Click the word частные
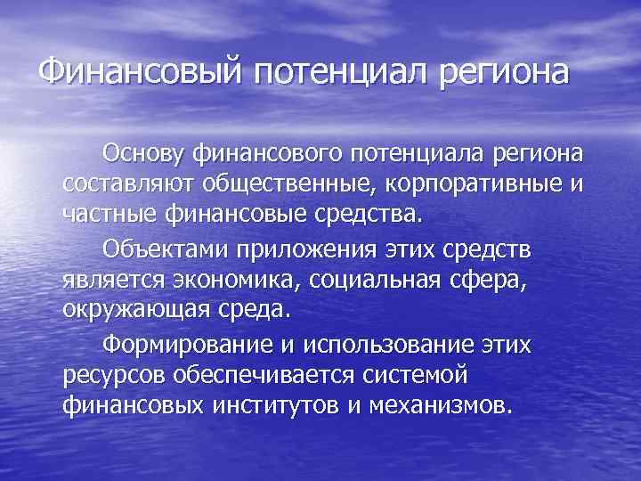point(110,215)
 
